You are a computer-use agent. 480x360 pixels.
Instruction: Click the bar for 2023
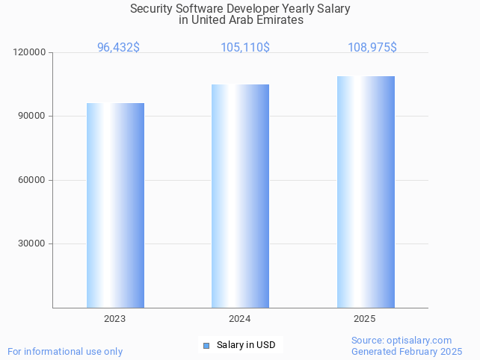[x=115, y=205]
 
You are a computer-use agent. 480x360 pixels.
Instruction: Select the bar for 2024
[x=240, y=196]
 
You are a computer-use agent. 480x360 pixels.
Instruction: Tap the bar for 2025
[x=366, y=192]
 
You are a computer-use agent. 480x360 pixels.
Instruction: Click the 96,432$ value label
[x=118, y=47]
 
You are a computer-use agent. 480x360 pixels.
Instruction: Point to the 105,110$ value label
[x=244, y=47]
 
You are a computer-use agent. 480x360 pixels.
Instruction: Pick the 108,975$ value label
[x=372, y=47]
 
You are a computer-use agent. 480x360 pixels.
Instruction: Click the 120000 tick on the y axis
[x=30, y=53]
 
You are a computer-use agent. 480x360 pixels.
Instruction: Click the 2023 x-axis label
[x=114, y=319]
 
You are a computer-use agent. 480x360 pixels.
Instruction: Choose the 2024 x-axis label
[x=239, y=319]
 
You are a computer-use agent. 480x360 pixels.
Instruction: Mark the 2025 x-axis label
[x=365, y=319]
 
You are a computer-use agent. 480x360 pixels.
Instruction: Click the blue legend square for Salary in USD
[x=206, y=345]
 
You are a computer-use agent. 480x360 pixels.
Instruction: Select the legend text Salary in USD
[x=246, y=345]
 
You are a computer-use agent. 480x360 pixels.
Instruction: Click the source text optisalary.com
[x=421, y=341]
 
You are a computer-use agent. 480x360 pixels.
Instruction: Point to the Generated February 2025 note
[x=406, y=351]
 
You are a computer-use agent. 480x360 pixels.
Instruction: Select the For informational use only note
[x=65, y=351]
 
